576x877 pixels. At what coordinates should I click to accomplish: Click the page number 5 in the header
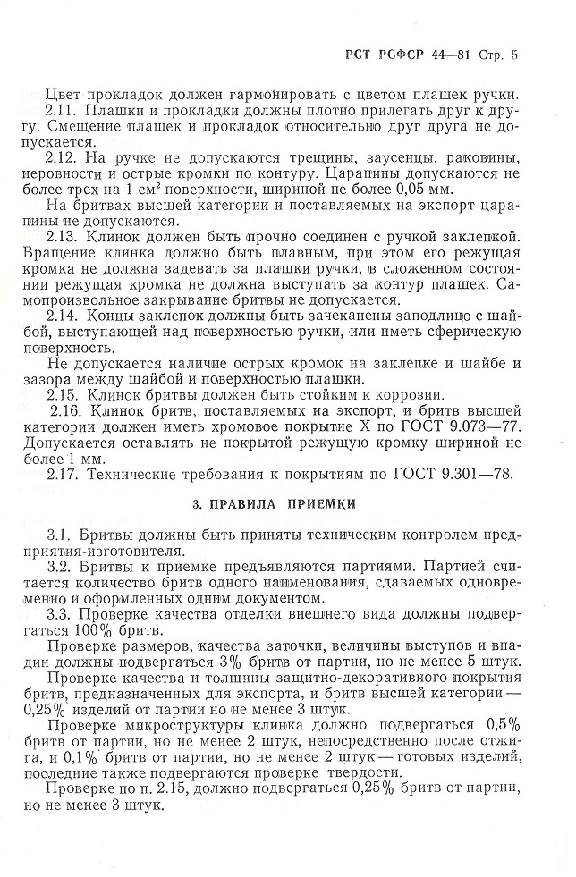[514, 55]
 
